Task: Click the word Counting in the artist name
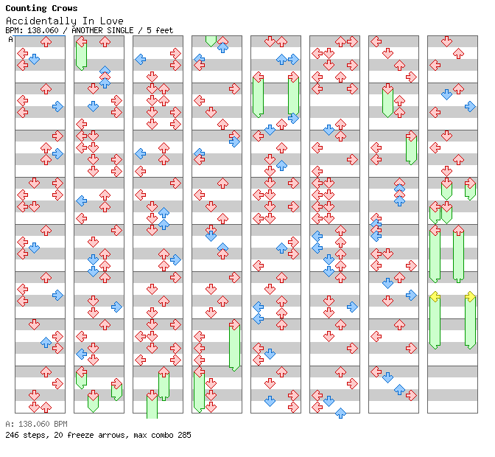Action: click(26, 9)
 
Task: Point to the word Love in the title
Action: click(113, 21)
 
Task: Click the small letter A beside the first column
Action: click(10, 40)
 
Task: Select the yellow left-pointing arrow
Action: click(435, 296)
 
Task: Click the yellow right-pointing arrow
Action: click(470, 296)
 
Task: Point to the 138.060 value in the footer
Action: click(33, 425)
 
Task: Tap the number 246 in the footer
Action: click(12, 435)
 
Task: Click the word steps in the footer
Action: click(34, 435)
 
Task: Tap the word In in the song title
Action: click(88, 21)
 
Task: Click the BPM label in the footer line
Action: click(60, 425)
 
